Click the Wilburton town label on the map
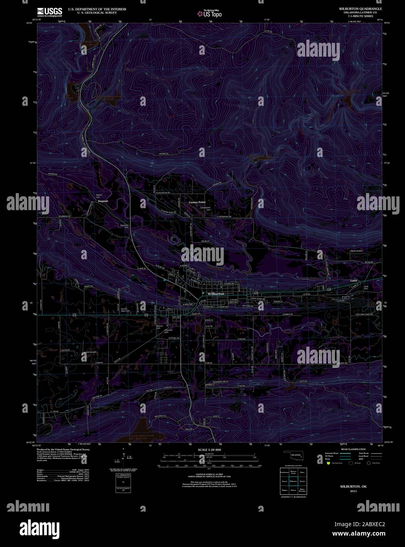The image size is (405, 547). tap(216, 294)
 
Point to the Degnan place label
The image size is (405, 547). tap(103, 201)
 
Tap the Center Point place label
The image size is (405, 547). tap(197, 202)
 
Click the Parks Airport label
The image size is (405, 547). tap(356, 250)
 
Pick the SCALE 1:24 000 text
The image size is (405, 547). tap(210, 449)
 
